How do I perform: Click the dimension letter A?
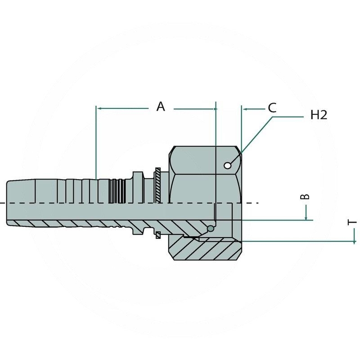[x=161, y=107]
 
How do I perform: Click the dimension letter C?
[x=272, y=108]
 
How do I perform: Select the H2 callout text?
[x=319, y=115]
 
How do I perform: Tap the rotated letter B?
[x=305, y=197]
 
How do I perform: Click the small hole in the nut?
[x=228, y=166]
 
